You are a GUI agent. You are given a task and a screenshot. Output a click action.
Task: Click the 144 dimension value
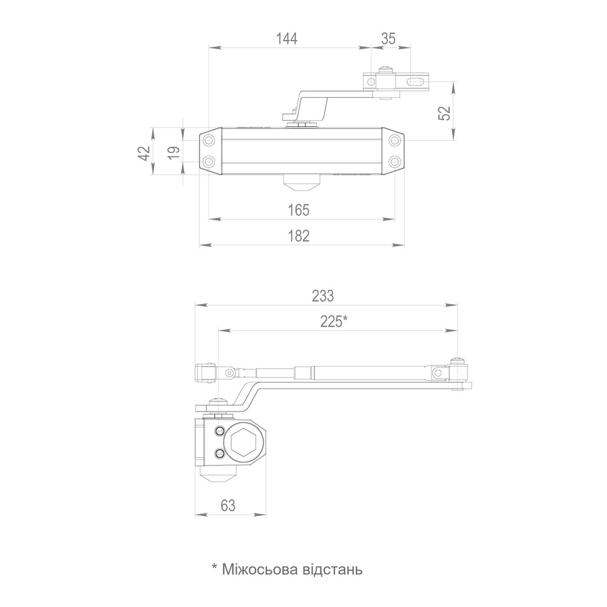[x=287, y=39]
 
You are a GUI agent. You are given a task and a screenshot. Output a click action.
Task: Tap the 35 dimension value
[x=388, y=39]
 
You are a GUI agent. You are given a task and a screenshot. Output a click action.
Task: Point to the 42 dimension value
[x=144, y=153]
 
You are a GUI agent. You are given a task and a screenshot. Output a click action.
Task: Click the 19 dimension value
[x=174, y=152]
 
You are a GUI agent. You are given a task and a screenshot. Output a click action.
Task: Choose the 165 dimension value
[x=299, y=210]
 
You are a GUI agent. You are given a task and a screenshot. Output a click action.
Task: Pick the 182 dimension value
[x=299, y=236]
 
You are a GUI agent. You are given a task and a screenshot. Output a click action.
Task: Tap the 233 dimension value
[x=323, y=296]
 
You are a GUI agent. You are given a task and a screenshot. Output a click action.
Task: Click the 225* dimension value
[x=334, y=322]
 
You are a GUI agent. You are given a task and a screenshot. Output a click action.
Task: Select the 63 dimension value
[x=228, y=506]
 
